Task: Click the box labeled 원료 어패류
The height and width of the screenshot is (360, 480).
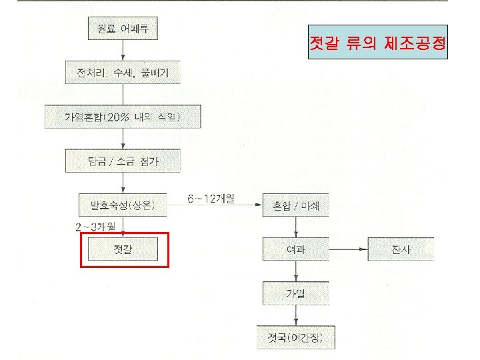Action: (123, 30)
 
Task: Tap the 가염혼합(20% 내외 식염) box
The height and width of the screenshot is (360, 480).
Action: (122, 117)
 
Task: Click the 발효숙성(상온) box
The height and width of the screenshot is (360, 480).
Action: (123, 203)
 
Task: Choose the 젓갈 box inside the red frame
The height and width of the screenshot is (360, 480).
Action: (123, 249)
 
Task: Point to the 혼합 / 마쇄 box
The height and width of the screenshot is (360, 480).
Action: (294, 205)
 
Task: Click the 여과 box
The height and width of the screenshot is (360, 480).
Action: (294, 249)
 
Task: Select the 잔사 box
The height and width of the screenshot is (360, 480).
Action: (402, 249)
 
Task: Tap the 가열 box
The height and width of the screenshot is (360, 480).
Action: (294, 293)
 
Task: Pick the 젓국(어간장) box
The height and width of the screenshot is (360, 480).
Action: (294, 337)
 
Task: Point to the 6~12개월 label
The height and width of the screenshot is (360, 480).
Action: (211, 199)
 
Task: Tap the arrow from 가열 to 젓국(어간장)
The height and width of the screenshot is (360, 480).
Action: (294, 315)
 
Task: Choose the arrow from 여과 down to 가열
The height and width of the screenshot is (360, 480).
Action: (294, 271)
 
